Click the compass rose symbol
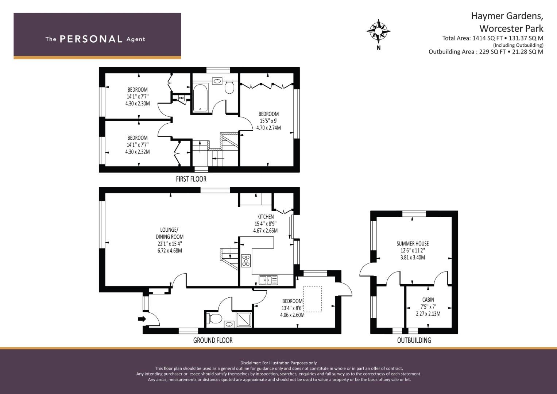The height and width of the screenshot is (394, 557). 378,31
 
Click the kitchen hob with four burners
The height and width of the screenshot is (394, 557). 246,261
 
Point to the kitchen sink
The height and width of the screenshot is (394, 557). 268,280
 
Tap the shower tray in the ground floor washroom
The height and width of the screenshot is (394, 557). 244,320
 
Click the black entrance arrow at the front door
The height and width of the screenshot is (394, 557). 142,319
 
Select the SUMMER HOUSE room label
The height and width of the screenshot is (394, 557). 413,244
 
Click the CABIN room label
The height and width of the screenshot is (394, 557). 428,300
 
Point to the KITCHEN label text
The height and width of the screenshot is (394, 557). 266,217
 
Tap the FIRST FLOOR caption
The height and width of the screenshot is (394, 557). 191,179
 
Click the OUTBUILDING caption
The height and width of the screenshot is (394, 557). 414,340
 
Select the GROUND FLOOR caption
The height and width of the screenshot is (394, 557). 213,340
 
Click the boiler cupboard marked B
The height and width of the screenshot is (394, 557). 181,98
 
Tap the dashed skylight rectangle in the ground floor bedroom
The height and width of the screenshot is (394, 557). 312,299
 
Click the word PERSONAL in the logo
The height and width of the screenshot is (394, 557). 91,39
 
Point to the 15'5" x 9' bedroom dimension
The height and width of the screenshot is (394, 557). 268,121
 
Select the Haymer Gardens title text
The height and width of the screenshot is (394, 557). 507,16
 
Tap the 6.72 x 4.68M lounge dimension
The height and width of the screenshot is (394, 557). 170,251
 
